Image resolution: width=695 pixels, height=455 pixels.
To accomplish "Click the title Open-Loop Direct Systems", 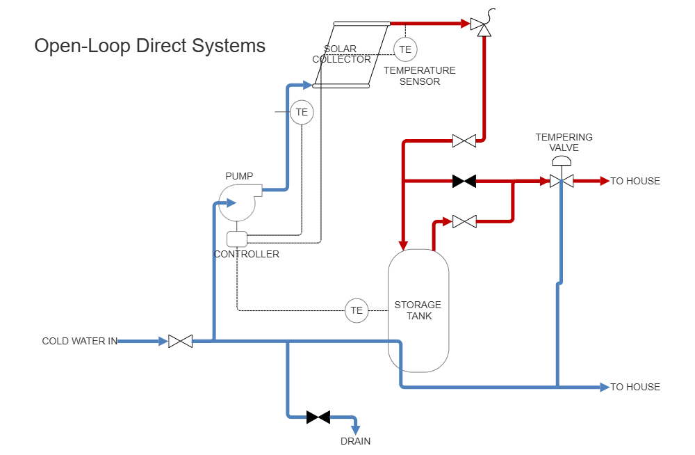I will [149, 47].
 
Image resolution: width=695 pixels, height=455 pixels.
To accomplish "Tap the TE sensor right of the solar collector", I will [405, 49].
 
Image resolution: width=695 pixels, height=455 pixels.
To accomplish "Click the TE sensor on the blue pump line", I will [302, 112].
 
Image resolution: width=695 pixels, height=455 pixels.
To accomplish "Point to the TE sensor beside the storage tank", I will [357, 310].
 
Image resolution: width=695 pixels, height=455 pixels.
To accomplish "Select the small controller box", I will [237, 239].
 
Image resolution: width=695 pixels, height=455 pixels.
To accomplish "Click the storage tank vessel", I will [418, 310].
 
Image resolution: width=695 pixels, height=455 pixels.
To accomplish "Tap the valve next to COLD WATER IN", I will [180, 341].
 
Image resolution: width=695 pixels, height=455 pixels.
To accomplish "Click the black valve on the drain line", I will [318, 417].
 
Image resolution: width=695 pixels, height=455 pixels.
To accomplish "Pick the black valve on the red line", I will [464, 181].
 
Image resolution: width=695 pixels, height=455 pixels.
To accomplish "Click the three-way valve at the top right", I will [480, 26].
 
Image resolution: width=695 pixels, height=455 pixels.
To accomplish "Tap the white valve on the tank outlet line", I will [464, 222].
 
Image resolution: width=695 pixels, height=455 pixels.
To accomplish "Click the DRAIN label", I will [354, 441].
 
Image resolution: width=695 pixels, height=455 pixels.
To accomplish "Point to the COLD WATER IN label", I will [79, 341].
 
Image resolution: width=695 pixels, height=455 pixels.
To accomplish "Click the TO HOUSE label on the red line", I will [635, 181].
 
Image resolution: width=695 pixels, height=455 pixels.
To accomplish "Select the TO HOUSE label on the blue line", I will [635, 387].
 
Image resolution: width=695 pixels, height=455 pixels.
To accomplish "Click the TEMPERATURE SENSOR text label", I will [420, 76].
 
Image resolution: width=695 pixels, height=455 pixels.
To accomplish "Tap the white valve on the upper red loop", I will [464, 141].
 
